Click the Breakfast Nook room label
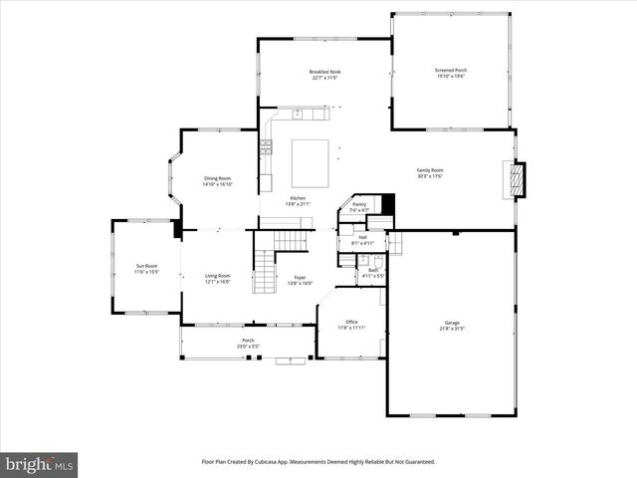click(324, 72)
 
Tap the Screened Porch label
click(451, 71)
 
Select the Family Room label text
click(429, 169)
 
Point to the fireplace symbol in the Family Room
click(516, 180)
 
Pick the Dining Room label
click(217, 178)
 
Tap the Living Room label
click(217, 276)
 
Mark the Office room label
click(351, 322)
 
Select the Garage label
click(452, 322)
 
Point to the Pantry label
click(359, 204)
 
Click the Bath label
click(373, 270)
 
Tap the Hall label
click(362, 237)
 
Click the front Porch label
click(247, 341)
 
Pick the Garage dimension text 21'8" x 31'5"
click(452, 328)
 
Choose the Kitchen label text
click(298, 198)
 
